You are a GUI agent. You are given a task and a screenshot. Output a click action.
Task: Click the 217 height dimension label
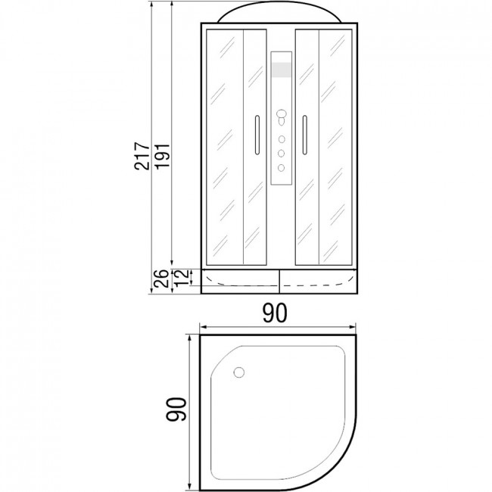[x=142, y=156]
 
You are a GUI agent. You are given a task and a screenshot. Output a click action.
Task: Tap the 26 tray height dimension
[x=161, y=279]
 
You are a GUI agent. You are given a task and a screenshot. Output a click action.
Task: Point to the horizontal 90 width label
[x=275, y=313]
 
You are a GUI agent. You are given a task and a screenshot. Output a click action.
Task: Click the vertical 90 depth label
[x=176, y=409]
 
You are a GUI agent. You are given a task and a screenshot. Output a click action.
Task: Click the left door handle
[x=257, y=135]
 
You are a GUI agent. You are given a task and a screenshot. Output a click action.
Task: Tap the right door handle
[x=305, y=135]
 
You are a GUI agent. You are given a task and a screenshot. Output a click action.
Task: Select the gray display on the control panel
[x=282, y=70]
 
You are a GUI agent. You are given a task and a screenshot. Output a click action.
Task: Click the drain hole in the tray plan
[x=239, y=372]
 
